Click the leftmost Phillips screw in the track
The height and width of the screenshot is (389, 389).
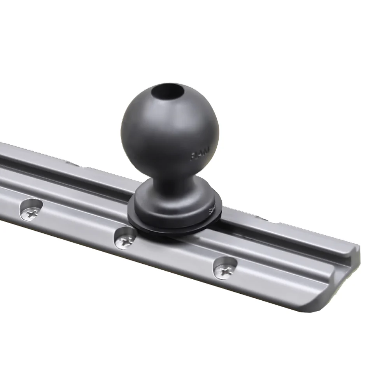click(x=31, y=211)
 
